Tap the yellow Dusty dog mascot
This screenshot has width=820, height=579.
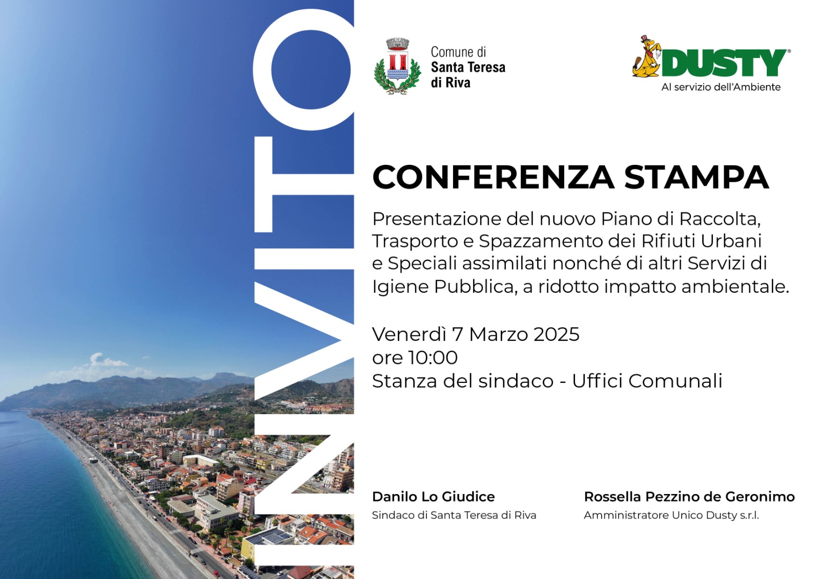click(647, 57)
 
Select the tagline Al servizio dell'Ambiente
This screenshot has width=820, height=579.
click(721, 87)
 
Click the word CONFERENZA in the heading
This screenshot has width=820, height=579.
click(493, 177)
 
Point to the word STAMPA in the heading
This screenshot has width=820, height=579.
click(696, 177)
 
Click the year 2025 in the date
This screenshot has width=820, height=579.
click(556, 334)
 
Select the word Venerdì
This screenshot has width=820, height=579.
click(409, 334)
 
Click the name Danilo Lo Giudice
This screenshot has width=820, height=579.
click(433, 497)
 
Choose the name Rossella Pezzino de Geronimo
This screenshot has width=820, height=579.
click(689, 497)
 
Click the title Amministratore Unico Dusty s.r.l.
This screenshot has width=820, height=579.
click(671, 515)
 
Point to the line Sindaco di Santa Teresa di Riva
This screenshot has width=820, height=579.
click(454, 515)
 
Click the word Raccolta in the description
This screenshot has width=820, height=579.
click(719, 219)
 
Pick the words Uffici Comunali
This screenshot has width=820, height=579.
click(647, 381)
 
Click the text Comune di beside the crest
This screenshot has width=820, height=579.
click(458, 52)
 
